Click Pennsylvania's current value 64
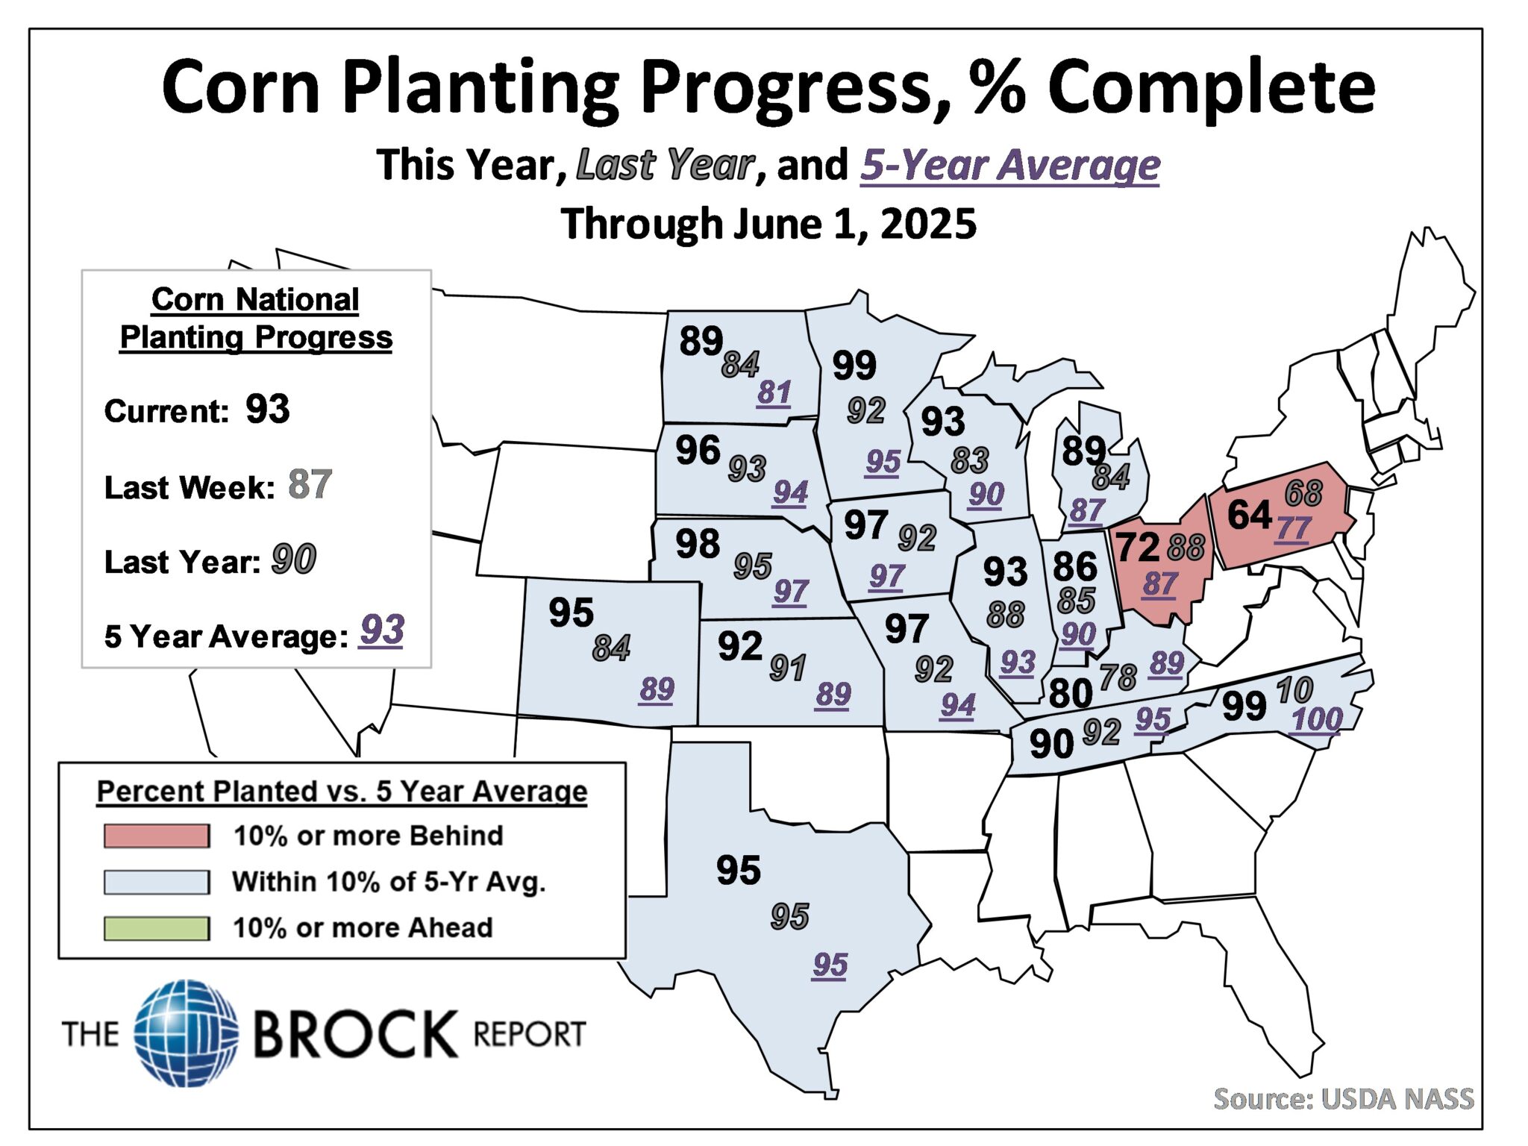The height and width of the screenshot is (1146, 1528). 1249,516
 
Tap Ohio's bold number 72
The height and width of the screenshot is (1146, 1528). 1137,548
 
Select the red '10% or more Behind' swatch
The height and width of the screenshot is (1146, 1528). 157,836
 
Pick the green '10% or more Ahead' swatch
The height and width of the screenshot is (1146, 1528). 157,928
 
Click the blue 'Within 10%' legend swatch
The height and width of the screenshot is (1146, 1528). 157,882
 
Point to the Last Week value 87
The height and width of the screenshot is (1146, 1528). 310,485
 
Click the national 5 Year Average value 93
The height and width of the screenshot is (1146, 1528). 381,631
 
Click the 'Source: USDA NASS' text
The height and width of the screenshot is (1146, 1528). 1343,1099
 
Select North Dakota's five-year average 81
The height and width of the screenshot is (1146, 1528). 774,392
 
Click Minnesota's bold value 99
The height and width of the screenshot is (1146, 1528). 854,366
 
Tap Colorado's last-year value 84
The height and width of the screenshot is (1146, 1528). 611,648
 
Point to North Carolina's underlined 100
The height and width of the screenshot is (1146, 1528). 1317,720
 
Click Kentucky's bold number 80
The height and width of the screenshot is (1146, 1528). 1071,694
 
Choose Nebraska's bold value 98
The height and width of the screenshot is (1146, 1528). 698,544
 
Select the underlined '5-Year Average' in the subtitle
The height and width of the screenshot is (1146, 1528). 1009,165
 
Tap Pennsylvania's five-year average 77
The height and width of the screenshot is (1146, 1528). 1293,529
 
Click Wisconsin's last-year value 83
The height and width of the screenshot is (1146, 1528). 969,460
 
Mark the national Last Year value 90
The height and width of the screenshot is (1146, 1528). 294,560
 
